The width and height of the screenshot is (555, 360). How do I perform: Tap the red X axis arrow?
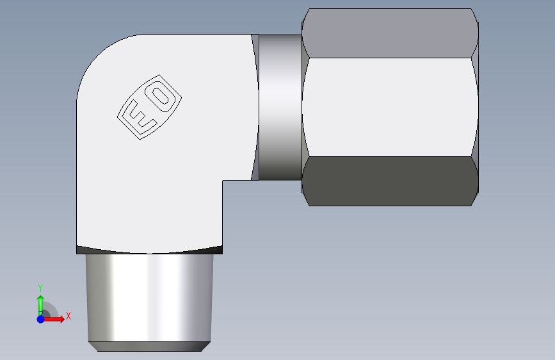53,319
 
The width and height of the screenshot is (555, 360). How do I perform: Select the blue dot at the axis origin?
41,319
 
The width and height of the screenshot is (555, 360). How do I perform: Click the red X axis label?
68,316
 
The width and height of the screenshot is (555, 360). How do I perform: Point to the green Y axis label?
40,288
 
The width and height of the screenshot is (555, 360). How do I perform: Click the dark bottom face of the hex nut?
390,181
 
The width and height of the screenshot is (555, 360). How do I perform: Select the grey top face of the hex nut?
390,33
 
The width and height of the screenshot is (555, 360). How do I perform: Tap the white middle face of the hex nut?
390,107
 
